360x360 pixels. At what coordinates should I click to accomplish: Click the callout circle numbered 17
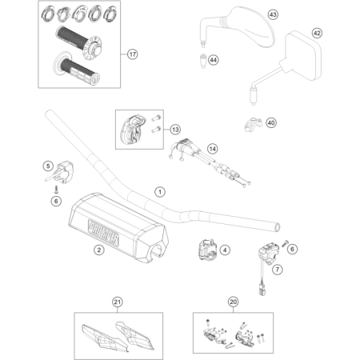(133, 55)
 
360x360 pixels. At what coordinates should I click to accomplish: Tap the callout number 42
(317, 33)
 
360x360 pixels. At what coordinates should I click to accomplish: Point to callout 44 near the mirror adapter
(213, 60)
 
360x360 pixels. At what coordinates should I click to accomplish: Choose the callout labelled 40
(270, 123)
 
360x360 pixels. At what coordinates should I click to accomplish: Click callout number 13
(175, 129)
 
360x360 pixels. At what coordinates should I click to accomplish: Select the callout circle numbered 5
(48, 166)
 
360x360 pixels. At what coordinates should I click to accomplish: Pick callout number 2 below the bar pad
(98, 250)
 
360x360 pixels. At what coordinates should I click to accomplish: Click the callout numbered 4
(225, 250)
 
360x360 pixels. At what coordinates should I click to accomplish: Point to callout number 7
(277, 270)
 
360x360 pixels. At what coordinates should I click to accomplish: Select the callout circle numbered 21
(118, 302)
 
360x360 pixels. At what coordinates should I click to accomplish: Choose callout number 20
(233, 302)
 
